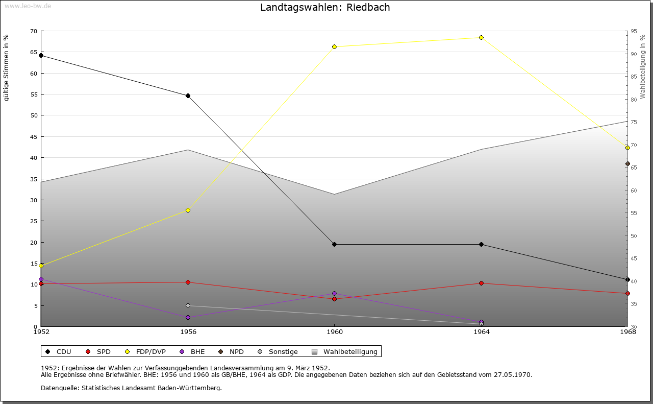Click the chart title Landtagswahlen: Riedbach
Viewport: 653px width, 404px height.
click(x=325, y=8)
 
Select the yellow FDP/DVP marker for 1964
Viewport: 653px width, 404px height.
click(x=481, y=37)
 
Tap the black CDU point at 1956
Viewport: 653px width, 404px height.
click(x=188, y=96)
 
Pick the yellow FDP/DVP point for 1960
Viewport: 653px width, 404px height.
click(x=335, y=46)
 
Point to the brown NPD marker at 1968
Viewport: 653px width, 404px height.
click(x=627, y=164)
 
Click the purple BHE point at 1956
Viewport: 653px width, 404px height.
click(x=188, y=317)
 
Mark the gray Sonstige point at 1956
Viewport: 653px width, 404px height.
click(x=188, y=305)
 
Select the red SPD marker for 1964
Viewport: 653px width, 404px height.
click(x=481, y=283)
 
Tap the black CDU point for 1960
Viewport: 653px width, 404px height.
click(x=335, y=244)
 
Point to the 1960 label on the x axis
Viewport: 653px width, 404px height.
click(x=335, y=332)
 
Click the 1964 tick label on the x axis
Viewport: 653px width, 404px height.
click(x=481, y=332)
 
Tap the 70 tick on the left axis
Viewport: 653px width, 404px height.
click(x=33, y=31)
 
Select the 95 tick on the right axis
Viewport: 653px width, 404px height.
click(x=633, y=31)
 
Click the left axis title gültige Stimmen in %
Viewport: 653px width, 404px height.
click(x=6, y=67)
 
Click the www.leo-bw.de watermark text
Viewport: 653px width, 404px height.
click(x=27, y=5)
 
